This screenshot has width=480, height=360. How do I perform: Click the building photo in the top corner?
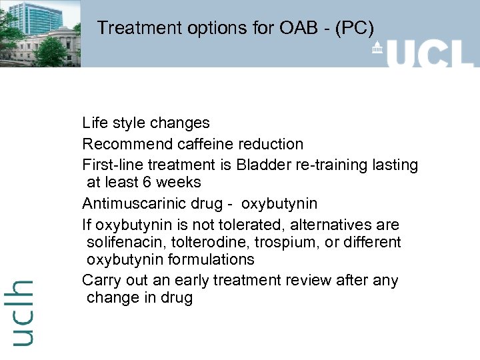pyautogui.click(x=40, y=33)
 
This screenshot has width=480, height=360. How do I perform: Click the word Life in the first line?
pyautogui.click(x=94, y=123)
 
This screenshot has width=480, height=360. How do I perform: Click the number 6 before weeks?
pyautogui.click(x=147, y=182)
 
